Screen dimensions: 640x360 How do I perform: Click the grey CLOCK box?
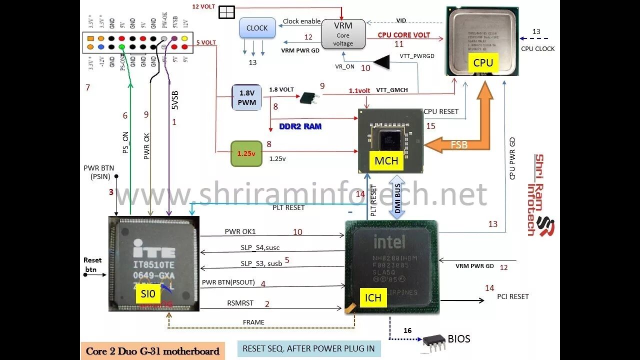coord(257,28)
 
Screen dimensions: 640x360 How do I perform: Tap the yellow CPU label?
coord(482,62)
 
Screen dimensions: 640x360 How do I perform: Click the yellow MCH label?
coord(386,160)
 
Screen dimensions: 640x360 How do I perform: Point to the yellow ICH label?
coord(373,298)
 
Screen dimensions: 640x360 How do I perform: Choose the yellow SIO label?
coord(148,294)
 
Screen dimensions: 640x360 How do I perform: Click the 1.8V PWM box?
coord(247,97)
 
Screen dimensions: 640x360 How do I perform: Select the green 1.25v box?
coord(246,153)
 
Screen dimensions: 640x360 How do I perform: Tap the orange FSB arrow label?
coord(459,144)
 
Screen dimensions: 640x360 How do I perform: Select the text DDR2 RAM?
coord(300,126)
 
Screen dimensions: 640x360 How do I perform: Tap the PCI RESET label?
coord(512,296)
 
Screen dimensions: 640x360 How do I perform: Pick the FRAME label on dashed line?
coord(253,322)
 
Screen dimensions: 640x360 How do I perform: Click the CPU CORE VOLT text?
coord(403,35)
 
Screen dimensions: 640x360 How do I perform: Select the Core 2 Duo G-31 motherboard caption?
coord(152,351)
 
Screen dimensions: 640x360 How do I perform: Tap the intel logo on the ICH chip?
coord(390,242)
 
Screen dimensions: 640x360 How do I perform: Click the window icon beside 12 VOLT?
coord(226,12)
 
